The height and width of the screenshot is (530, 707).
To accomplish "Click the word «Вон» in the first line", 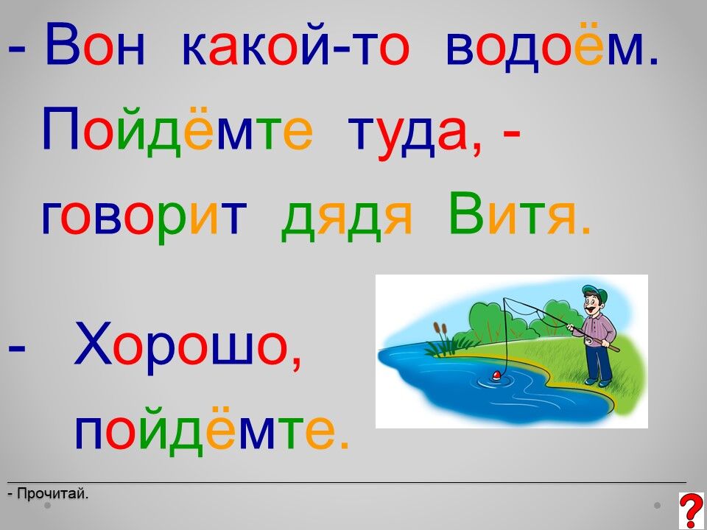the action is [95, 44].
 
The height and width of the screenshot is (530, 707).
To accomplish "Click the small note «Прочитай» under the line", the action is [52, 494].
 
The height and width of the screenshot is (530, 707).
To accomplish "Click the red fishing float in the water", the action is [496, 374].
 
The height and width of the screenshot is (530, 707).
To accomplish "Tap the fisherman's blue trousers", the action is [599, 361].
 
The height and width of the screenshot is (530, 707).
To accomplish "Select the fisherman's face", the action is [594, 305].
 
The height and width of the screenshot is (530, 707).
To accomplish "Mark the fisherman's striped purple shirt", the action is [599, 330].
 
